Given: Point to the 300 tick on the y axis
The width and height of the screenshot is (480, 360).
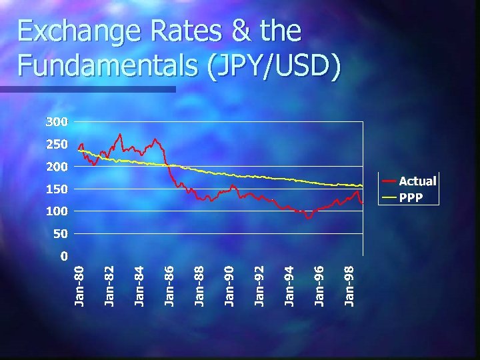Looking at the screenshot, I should [57, 122].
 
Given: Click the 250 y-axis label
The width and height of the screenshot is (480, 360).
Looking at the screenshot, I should [57, 144].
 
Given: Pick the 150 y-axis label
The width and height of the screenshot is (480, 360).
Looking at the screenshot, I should [57, 189].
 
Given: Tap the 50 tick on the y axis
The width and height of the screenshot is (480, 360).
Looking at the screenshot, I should [60, 233].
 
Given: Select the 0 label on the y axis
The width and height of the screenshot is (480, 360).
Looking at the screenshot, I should [63, 255].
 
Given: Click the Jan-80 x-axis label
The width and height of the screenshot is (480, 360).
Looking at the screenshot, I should [79, 285].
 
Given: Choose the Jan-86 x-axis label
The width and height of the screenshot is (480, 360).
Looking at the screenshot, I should [169, 285].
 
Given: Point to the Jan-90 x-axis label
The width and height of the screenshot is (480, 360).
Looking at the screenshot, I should [229, 285].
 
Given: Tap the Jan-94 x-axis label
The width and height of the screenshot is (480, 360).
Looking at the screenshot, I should [289, 285].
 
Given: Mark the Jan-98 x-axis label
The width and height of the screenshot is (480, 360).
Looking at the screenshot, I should [349, 285].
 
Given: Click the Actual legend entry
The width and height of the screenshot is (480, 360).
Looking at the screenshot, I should [417, 181].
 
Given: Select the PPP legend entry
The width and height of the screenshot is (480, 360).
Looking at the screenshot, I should [411, 197].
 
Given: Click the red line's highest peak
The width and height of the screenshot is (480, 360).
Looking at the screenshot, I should [120, 135].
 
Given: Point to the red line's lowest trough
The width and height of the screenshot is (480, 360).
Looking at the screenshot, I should [308, 218].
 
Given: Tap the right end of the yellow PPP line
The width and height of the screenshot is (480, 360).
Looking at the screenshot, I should [362, 185].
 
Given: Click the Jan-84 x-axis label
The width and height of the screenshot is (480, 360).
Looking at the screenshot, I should [139, 285].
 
